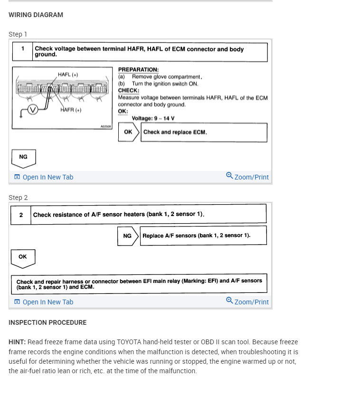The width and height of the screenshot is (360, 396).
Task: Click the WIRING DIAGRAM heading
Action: click(36, 15)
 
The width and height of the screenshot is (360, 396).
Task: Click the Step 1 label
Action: click(18, 34)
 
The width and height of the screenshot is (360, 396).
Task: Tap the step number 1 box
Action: click(22, 51)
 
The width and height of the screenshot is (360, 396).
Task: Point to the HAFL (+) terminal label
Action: click(68, 75)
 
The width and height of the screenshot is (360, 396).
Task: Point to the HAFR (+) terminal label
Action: click(71, 110)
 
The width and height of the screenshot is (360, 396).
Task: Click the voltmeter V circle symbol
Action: click(32, 110)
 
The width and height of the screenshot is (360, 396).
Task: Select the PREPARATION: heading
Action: click(138, 70)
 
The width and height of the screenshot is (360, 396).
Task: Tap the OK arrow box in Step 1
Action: click(129, 132)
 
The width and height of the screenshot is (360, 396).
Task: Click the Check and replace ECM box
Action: click(204, 132)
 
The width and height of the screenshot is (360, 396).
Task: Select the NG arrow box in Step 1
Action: click(23, 157)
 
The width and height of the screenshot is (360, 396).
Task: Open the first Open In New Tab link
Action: click(44, 177)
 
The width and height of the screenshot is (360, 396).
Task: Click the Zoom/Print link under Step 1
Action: click(247, 177)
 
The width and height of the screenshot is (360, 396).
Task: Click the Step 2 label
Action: click(18, 198)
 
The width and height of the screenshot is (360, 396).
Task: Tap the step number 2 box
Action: click(21, 215)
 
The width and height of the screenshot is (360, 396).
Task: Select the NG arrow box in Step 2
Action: click(127, 236)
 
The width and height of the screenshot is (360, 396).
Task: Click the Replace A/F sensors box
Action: click(203, 236)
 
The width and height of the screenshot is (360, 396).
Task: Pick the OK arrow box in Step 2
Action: click(23, 257)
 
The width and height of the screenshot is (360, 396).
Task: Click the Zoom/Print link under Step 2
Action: click(247, 302)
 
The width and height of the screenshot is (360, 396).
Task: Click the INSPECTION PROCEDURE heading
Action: click(47, 322)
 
